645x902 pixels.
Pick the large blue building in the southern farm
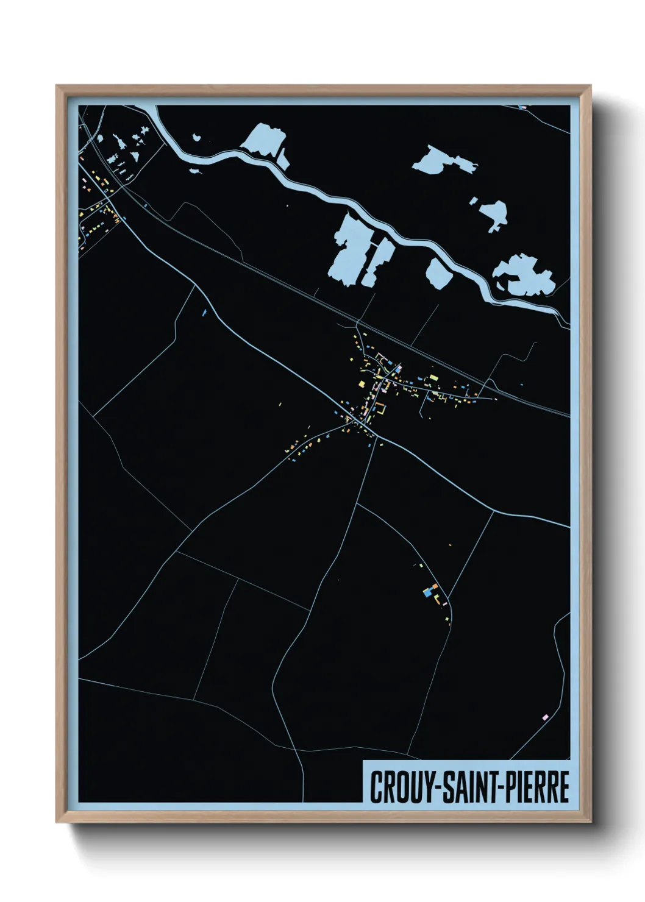coord(430,591)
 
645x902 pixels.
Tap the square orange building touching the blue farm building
coord(436,586)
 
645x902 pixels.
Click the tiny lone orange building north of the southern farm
coord(450,544)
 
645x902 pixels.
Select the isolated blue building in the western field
coord(204,313)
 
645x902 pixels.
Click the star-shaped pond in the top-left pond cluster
coord(144,133)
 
